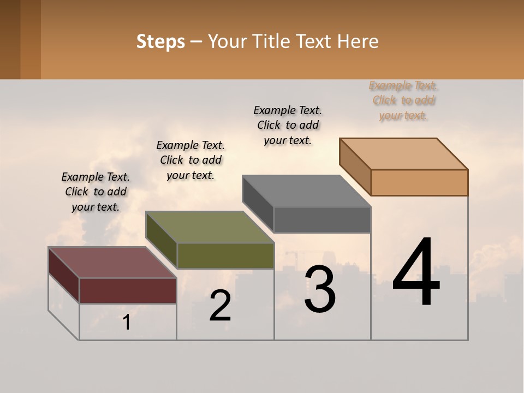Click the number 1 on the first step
pos(127,323)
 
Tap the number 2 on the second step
pos(221,306)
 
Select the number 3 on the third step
pos(320,289)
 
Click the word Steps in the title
pos(160,41)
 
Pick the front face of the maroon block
pos(128,290)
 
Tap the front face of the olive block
pos(225,255)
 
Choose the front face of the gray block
pos(322,219)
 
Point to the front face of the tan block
pos(419,182)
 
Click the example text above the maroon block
pos(96,192)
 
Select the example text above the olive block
pos(190,160)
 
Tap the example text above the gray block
pos(288,125)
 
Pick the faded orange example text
pos(404,100)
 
